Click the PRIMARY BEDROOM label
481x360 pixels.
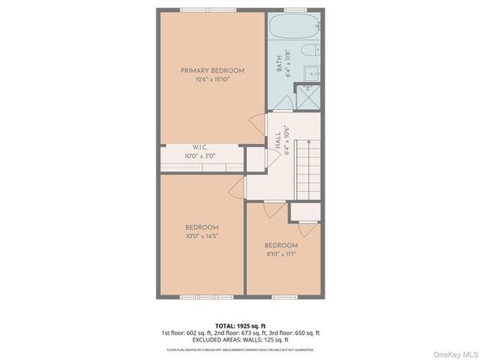pyautogui.click(x=212, y=71)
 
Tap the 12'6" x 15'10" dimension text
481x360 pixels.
pyautogui.click(x=212, y=80)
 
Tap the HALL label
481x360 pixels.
pyautogui.click(x=278, y=141)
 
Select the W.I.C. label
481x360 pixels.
pyautogui.click(x=201, y=147)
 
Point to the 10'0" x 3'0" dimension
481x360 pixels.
pyautogui.click(x=201, y=155)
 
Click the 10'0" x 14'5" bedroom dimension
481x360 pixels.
pyautogui.click(x=202, y=235)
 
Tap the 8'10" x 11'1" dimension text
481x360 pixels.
pyautogui.click(x=281, y=253)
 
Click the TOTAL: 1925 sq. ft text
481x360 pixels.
pyautogui.click(x=240, y=324)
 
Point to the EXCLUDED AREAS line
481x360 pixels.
pyautogui.click(x=240, y=340)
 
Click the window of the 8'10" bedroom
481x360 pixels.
pyautogui.click(x=283, y=298)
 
